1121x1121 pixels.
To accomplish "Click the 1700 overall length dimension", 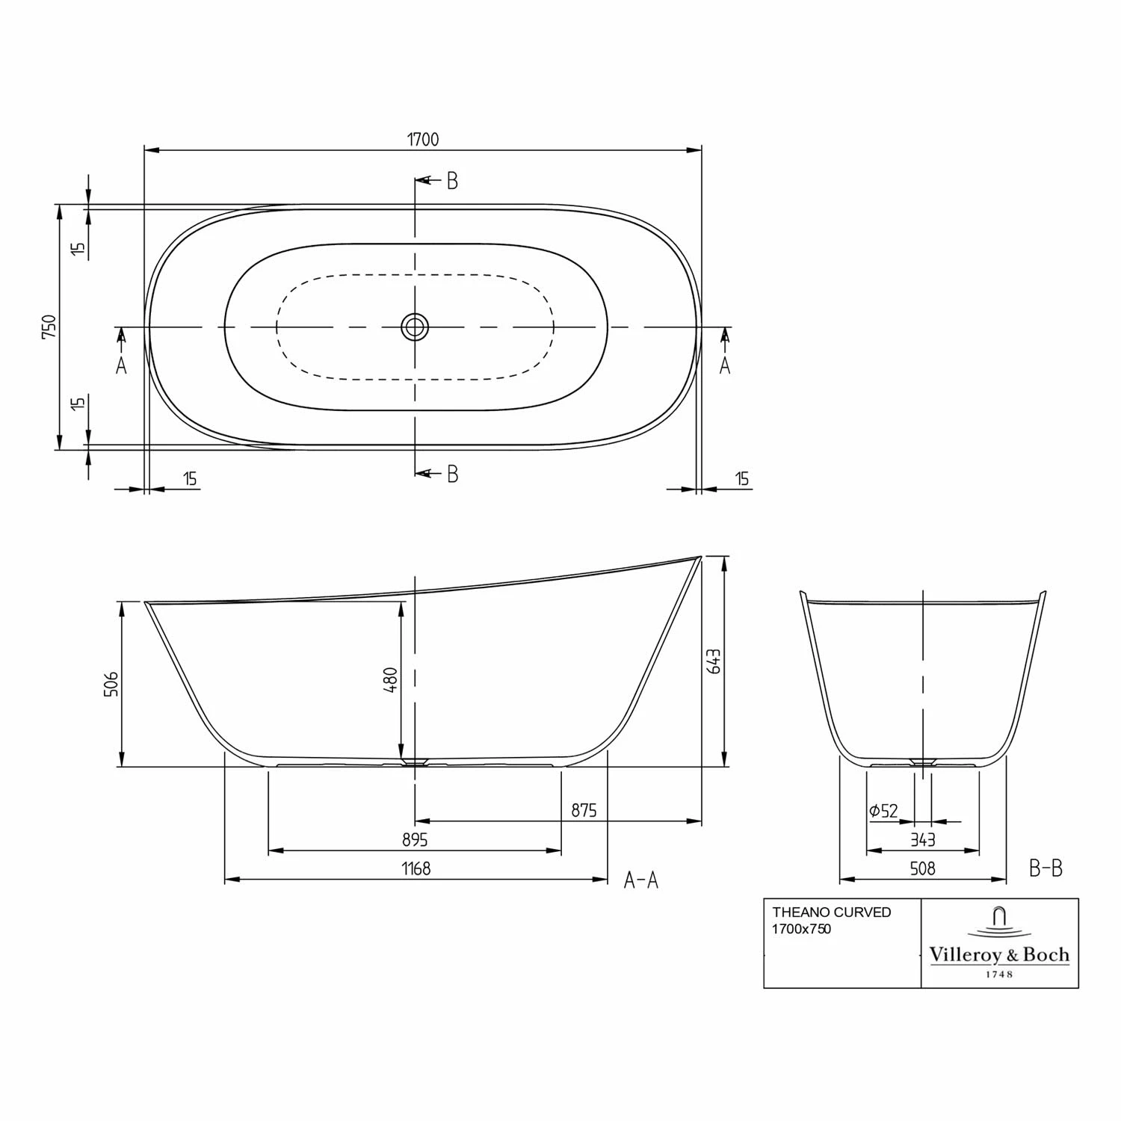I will click(423, 139).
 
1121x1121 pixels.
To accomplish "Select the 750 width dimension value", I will click(49, 327).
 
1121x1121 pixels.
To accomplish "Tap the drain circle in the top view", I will click(415, 327).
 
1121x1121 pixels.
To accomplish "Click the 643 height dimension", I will click(714, 661).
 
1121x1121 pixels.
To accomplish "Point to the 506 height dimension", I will click(111, 684).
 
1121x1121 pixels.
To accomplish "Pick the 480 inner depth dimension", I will click(390, 679).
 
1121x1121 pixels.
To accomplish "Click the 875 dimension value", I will click(584, 810).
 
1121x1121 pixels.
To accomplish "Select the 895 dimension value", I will click(415, 840).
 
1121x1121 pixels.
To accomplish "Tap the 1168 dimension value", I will click(416, 868).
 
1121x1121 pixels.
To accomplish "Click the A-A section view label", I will click(641, 880).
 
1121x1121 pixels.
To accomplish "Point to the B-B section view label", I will click(1046, 868).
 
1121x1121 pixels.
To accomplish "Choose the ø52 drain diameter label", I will click(883, 811).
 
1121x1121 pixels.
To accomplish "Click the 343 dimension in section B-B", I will click(923, 840).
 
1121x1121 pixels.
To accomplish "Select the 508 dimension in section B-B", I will click(923, 868).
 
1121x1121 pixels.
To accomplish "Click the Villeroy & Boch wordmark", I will click(999, 954).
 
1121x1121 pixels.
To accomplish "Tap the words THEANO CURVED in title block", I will click(831, 912).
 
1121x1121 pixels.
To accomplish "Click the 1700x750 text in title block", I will click(801, 929).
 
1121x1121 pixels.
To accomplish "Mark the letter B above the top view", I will click(452, 181).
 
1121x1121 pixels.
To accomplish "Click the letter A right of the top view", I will click(724, 365).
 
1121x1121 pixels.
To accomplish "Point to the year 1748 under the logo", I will click(999, 975).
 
